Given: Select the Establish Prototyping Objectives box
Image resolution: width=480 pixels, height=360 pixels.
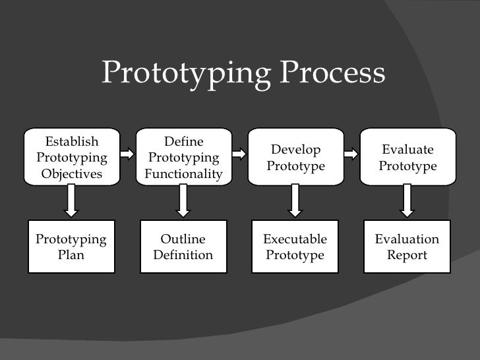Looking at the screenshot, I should (x=71, y=158).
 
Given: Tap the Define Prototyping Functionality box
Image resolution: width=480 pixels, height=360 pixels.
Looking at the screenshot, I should (x=183, y=158).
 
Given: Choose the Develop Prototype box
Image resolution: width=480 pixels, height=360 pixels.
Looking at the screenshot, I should (x=295, y=158).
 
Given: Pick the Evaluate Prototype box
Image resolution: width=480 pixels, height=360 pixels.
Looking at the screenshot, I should (x=407, y=158).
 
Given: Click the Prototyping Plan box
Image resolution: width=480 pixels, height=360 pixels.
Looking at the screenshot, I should (x=71, y=247).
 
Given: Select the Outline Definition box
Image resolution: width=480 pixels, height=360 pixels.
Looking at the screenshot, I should (x=183, y=247).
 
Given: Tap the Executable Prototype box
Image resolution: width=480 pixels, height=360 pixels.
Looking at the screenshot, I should (x=295, y=247).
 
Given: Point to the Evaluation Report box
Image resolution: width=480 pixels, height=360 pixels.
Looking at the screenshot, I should (x=407, y=247).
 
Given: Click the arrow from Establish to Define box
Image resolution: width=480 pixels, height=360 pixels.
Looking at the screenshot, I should (x=127, y=154).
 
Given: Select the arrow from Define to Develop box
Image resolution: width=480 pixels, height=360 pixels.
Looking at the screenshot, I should (x=239, y=154).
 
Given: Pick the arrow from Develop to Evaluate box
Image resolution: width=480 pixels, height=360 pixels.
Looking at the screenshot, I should (x=351, y=154).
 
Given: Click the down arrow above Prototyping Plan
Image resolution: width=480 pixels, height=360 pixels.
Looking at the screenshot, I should (x=71, y=201).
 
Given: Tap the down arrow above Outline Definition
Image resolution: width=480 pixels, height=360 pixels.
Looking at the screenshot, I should (x=183, y=201).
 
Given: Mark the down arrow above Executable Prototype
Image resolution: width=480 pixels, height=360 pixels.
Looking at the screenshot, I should (x=295, y=201).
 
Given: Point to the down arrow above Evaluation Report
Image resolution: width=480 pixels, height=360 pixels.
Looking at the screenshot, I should (x=407, y=201).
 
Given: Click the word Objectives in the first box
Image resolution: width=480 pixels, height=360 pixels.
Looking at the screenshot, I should (x=71, y=174).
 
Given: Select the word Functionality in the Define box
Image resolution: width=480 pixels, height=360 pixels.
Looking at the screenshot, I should (x=183, y=174).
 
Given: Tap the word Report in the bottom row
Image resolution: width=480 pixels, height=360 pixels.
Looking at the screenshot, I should (x=407, y=255).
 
